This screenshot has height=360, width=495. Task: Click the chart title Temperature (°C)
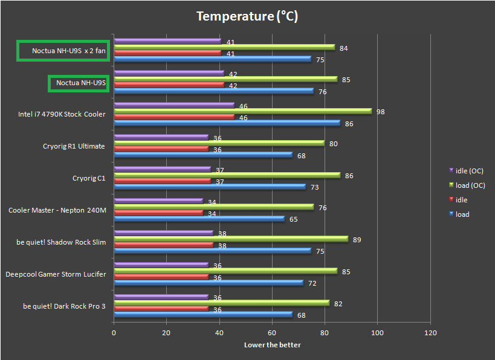[x=247, y=16]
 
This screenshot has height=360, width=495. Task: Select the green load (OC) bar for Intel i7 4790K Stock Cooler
[x=242, y=111]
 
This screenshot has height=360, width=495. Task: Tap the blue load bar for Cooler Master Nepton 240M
[x=199, y=219]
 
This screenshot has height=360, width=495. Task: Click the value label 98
[x=380, y=112]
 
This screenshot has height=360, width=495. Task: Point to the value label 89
[x=357, y=240]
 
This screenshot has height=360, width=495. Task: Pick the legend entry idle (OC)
[x=468, y=171]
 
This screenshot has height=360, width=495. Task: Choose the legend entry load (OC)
[x=469, y=185]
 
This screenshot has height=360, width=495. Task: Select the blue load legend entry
[x=462, y=214]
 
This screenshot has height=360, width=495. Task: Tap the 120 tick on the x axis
[x=430, y=333]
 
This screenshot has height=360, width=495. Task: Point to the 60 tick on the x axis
[x=272, y=333]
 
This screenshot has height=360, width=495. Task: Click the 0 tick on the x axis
[x=114, y=333]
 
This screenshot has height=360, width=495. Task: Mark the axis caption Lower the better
[x=272, y=345]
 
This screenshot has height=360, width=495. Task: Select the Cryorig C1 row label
[x=88, y=178]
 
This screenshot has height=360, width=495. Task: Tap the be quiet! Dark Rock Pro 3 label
[x=64, y=306]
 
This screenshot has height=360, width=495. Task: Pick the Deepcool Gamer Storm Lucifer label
[x=56, y=274]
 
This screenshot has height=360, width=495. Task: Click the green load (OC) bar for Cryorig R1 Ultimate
[x=219, y=143]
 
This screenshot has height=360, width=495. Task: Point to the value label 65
[x=293, y=219]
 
